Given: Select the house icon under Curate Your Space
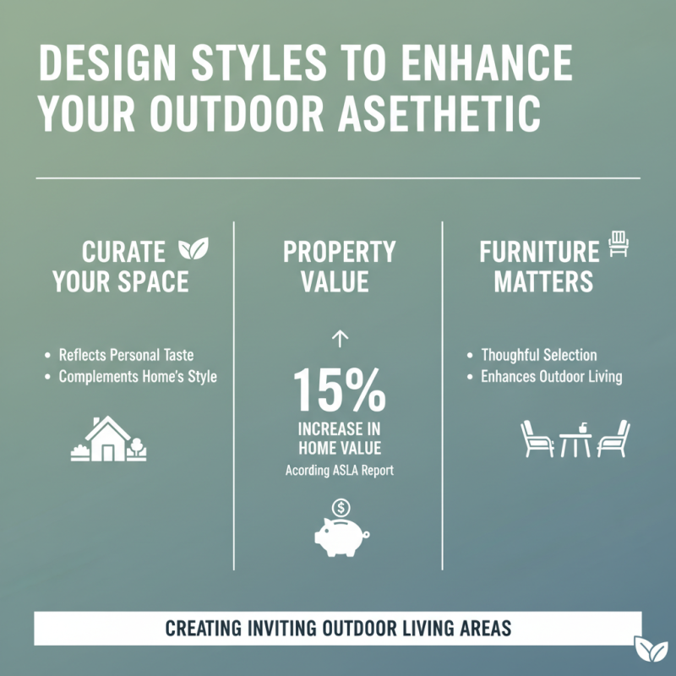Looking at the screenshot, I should click(x=107, y=440).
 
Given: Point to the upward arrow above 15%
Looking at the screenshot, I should click(x=340, y=340).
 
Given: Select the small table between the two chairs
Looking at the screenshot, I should click(x=575, y=440).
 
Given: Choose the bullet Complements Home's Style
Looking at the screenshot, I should click(x=137, y=377).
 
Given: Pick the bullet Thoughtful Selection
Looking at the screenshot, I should click(x=538, y=355).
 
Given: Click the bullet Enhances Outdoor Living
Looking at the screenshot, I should click(x=551, y=377).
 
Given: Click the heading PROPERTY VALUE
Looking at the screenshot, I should click(x=339, y=266).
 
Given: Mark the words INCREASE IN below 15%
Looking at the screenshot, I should click(x=340, y=428).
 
